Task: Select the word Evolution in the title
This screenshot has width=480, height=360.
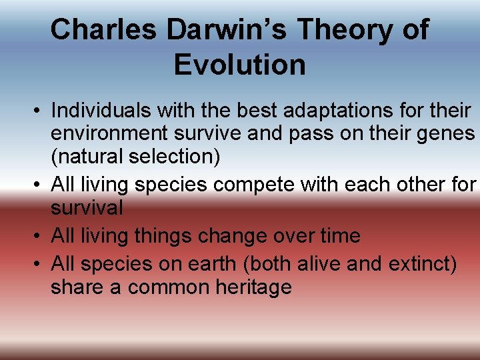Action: click(x=239, y=65)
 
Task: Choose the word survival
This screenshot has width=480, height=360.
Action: click(x=87, y=207)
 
